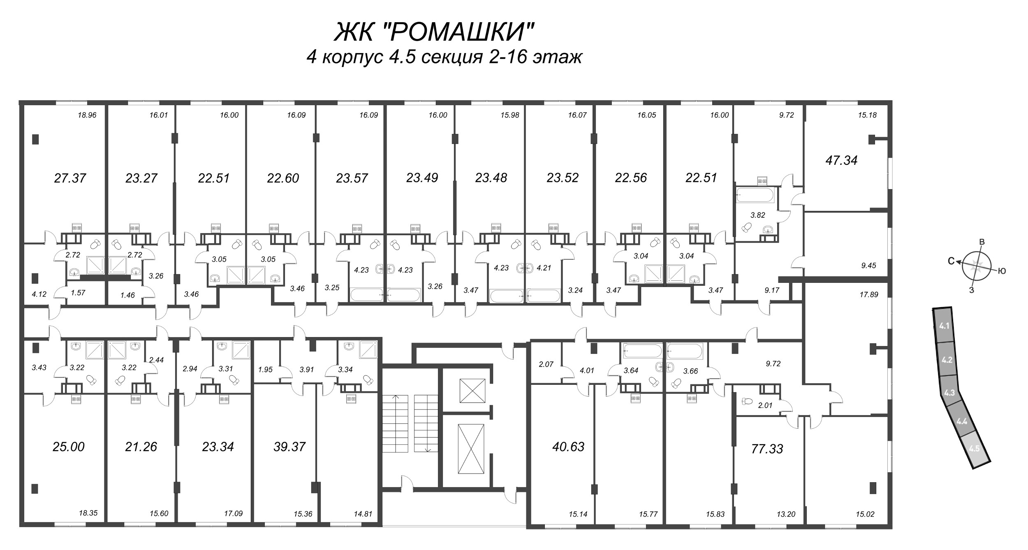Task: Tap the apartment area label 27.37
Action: click(70, 178)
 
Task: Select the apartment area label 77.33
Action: click(767, 449)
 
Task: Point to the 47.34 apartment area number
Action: click(841, 160)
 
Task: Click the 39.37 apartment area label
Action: click(289, 446)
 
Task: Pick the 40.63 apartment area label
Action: click(569, 446)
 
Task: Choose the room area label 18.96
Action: click(87, 115)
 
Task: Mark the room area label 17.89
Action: click(868, 295)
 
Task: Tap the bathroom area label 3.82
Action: click(757, 215)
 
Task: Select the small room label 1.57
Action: click(78, 292)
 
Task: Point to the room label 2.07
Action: click(546, 364)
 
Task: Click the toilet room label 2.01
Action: click(765, 406)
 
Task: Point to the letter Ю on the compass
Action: click(1002, 271)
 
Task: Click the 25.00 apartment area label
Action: click(69, 446)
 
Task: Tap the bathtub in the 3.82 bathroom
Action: click(755, 195)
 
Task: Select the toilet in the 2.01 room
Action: click(746, 401)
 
